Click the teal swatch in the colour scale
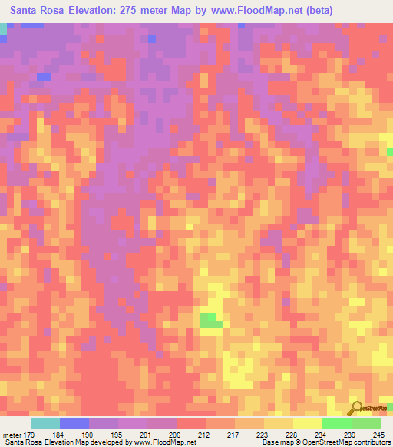(45, 423)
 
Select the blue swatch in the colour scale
(74, 423)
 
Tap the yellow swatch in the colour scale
(308, 423)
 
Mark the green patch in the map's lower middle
(210, 320)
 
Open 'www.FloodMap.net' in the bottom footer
(160, 442)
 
